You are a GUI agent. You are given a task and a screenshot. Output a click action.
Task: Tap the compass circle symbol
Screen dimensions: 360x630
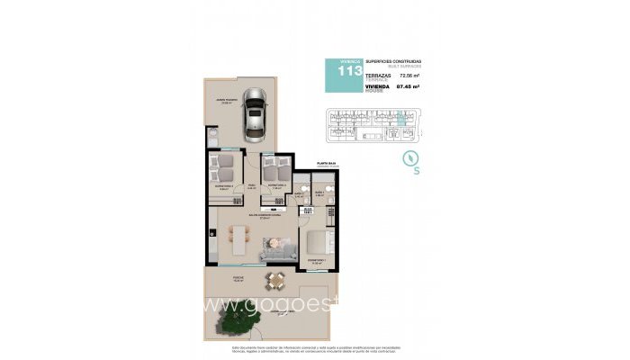point(410,159)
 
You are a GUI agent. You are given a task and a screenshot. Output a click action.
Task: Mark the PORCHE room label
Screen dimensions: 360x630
point(237,278)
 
